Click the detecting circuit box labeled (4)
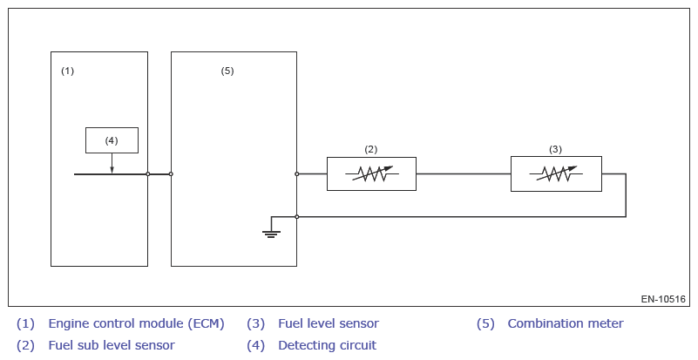112,139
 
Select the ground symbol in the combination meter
272,233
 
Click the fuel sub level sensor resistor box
371,173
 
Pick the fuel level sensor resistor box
556,173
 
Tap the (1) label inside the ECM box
67,71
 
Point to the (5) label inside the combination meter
227,71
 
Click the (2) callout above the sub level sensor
370,149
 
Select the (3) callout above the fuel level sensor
556,149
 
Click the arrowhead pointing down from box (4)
112,169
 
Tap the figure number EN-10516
663,299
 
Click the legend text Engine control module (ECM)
136,323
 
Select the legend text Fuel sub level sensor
112,345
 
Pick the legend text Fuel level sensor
329,323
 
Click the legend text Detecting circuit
327,345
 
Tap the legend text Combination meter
566,323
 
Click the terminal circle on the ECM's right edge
148,174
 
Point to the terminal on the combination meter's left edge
171,174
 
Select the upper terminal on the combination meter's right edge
297,174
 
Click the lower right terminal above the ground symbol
297,216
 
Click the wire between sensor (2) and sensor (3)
463,174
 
